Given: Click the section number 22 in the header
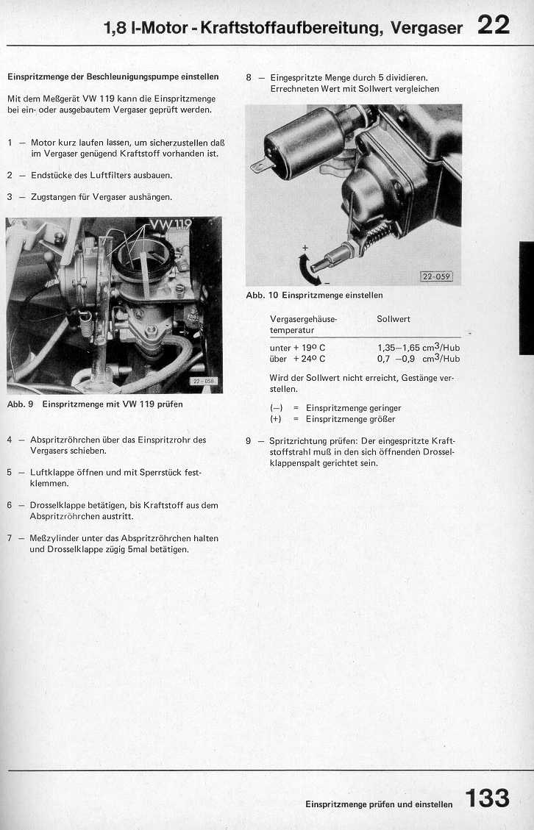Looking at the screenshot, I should pos(493,26).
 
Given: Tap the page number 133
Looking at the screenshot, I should pos(487,798).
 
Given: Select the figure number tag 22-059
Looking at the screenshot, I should pos(435,277).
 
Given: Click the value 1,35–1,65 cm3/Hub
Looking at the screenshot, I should pos(418,348).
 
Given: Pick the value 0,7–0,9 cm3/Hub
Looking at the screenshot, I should pos(418,359).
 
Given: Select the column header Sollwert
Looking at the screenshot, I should pos(393,319).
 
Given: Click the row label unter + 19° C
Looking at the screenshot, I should pos(297,348).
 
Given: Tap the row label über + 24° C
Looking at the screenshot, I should pos(297,359).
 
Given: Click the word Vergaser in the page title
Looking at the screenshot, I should pos(427,29).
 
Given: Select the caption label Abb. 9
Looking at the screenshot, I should pos(19,404).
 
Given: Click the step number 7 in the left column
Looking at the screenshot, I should pos(10,538).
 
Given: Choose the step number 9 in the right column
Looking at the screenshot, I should pos(249,441).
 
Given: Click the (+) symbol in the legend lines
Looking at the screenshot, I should pos(276,419).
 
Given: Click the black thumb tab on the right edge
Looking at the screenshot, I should pos(526,298).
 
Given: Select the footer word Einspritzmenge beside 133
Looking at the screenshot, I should pos(335,804).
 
